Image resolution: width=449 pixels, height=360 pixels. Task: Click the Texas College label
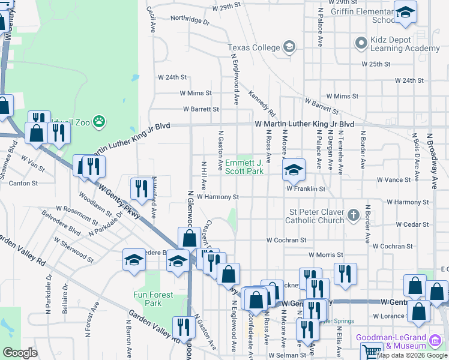(254, 48)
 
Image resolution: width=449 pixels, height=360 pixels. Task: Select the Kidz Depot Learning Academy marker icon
(361, 43)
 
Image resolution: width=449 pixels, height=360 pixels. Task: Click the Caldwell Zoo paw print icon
(99, 122)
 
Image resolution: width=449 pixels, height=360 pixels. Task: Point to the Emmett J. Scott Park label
(244, 167)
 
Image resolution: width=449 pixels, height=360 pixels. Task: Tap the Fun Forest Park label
(153, 299)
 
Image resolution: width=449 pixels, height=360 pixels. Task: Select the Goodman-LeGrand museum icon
(434, 341)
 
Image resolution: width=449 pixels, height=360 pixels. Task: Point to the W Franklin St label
(306, 189)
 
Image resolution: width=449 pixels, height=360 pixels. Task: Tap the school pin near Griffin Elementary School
(405, 11)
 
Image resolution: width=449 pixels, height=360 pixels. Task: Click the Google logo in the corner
(20, 352)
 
